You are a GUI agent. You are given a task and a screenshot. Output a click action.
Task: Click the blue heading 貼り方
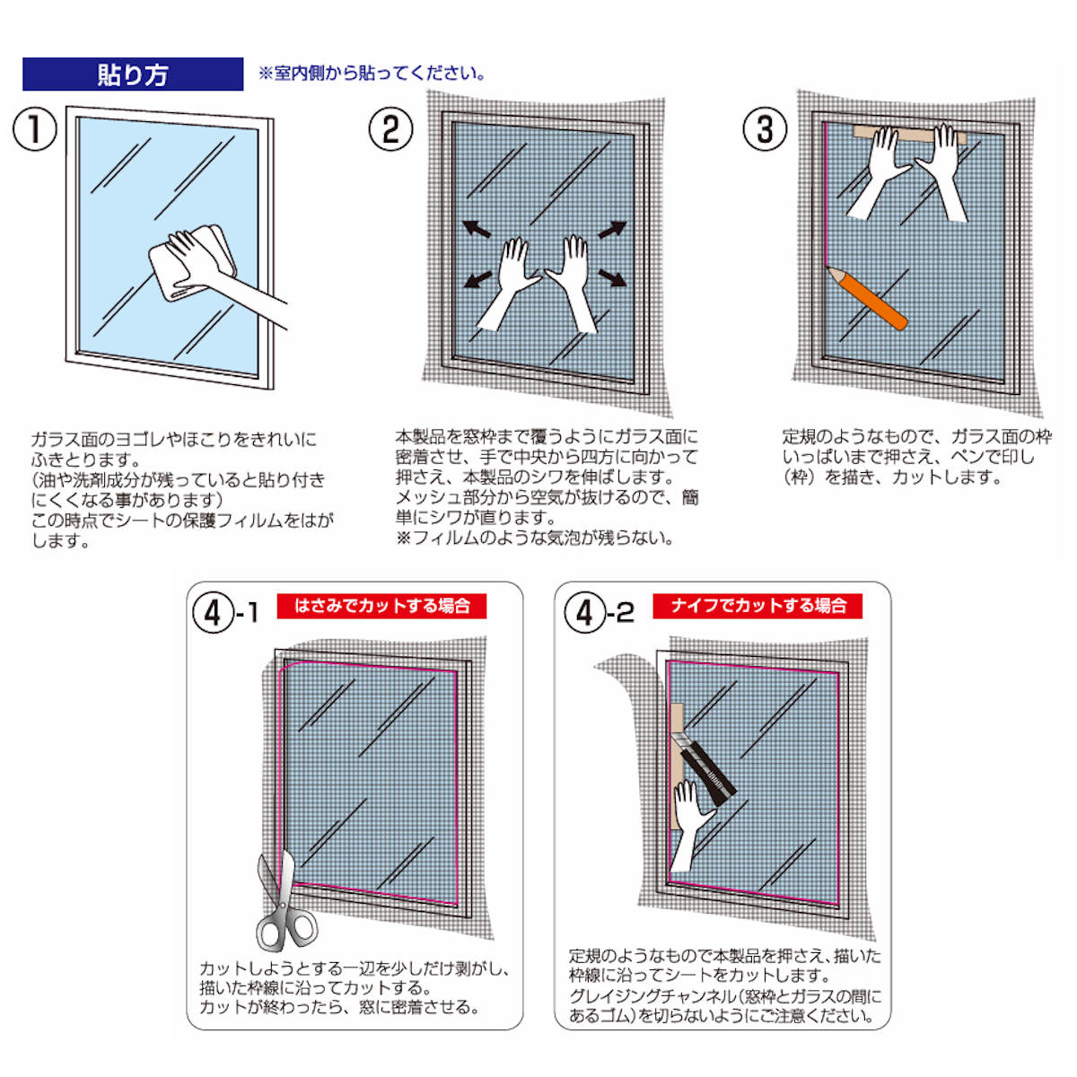click(133, 74)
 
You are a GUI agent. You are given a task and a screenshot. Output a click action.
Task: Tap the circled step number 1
click(35, 130)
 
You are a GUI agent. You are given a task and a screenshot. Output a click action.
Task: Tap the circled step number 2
click(390, 130)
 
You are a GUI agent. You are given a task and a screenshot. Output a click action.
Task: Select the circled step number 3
click(765, 130)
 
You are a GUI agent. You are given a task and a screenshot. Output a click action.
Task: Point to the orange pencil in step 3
click(867, 298)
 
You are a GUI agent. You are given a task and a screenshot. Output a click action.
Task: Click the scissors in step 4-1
click(282, 902)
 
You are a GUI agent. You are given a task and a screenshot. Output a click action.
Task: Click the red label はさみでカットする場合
click(382, 607)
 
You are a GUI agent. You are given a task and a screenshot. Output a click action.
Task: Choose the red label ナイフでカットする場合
click(758, 607)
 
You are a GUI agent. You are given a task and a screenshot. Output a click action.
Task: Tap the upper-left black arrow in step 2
click(477, 230)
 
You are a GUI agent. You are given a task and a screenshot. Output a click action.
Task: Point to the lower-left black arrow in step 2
click(477, 282)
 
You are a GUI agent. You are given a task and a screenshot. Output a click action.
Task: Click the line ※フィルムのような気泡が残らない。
click(534, 538)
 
